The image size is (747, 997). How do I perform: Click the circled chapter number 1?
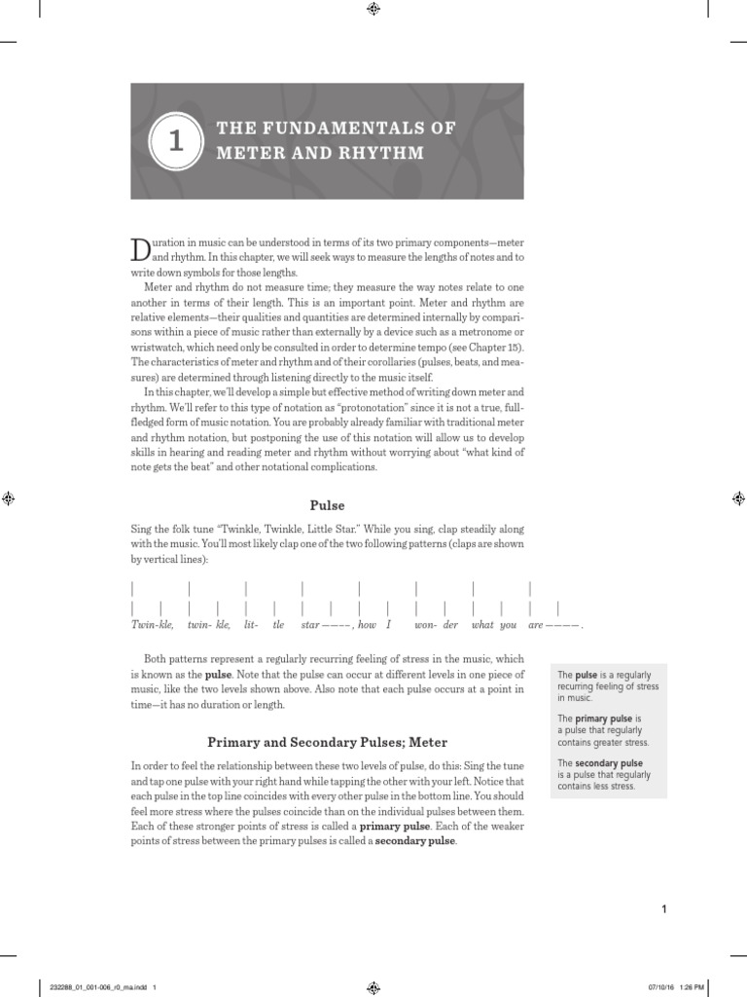pos(175,141)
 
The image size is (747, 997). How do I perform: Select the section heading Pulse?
pos(327,505)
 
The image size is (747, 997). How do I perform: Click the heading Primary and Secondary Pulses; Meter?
pos(327,743)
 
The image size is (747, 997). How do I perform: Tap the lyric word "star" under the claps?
pos(310,624)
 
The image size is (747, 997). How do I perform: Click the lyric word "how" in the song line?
pos(367,624)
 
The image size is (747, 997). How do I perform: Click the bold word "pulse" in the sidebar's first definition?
pos(587,675)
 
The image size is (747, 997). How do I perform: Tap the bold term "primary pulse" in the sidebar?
pos(603,718)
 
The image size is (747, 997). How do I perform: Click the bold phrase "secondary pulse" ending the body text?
pos(414,840)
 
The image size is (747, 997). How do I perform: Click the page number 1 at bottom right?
pos(663,909)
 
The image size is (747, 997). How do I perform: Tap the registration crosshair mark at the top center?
pos(373,9)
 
